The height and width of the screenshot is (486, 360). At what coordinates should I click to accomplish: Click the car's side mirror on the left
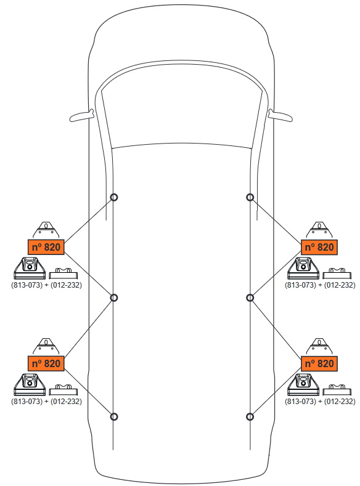click(x=81, y=116)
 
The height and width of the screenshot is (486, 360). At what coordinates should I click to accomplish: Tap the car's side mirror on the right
click(x=280, y=116)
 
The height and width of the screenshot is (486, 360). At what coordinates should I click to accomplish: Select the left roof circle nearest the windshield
click(x=114, y=197)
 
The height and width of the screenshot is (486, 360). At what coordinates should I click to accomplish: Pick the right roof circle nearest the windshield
click(x=250, y=197)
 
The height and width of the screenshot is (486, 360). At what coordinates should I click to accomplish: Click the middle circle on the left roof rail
click(x=114, y=298)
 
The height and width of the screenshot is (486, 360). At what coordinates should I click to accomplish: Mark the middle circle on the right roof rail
click(x=250, y=298)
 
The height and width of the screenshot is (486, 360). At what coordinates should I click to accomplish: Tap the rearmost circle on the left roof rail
click(x=114, y=416)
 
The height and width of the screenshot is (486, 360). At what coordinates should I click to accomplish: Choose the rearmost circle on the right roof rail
click(x=250, y=416)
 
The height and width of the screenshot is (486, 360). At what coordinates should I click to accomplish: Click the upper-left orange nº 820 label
click(x=46, y=247)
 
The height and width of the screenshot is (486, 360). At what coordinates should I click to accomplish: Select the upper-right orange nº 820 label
click(x=319, y=247)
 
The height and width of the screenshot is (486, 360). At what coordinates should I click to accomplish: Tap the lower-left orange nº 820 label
click(x=46, y=363)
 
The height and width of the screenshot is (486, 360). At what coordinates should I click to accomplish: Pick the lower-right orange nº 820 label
click(x=319, y=363)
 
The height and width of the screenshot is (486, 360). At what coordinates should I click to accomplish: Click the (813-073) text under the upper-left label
click(x=27, y=285)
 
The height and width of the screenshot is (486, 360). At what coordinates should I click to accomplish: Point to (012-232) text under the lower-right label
click(x=340, y=401)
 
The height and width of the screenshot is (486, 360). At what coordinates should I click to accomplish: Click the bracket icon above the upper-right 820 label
click(x=319, y=230)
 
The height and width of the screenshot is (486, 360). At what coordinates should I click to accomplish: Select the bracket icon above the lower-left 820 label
click(x=46, y=346)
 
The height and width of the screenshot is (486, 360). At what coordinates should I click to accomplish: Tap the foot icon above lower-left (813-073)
click(x=30, y=384)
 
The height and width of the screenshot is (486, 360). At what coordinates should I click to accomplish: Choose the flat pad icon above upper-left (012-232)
click(x=63, y=273)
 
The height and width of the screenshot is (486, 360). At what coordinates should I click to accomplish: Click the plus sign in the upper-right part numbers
click(x=320, y=285)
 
